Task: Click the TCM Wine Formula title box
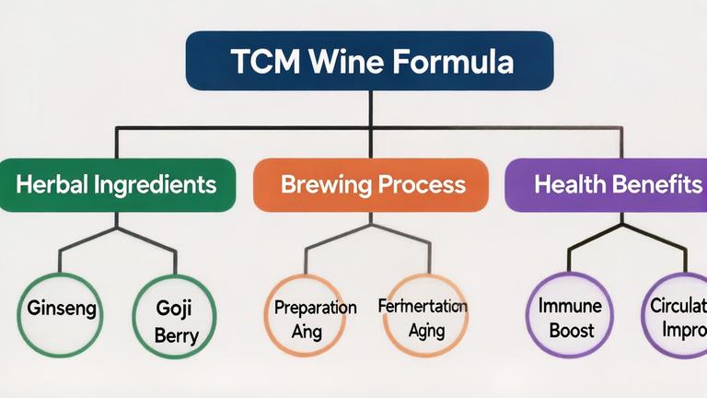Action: click(370, 63)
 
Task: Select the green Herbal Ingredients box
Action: click(115, 184)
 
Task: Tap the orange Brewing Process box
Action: click(370, 184)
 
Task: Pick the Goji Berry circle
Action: click(175, 317)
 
